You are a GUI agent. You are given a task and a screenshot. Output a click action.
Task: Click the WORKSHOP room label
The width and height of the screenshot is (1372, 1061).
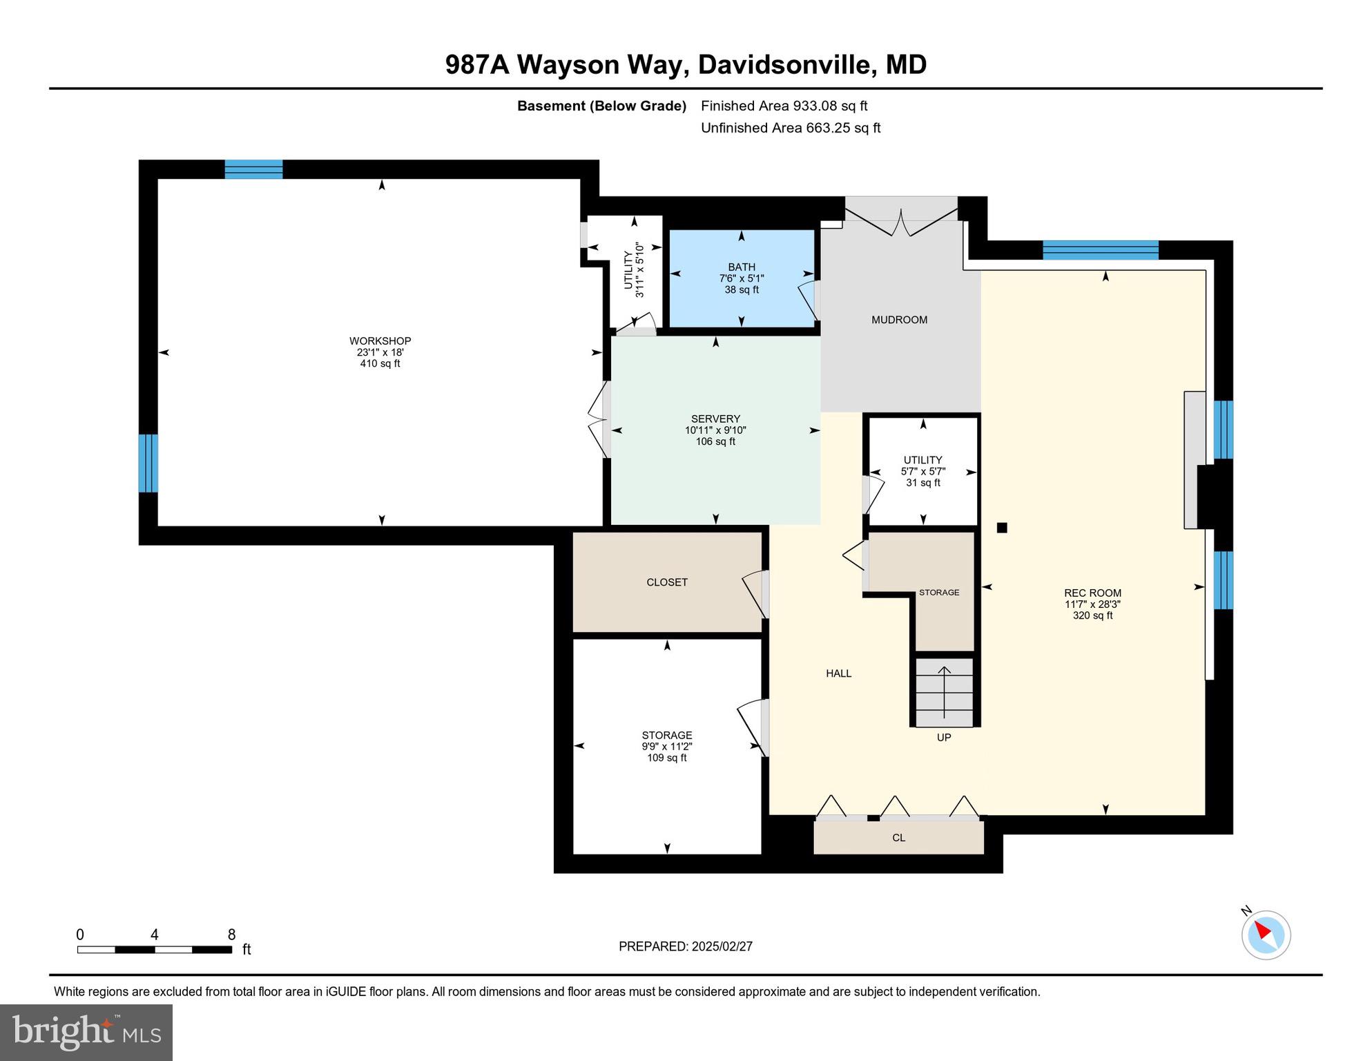(380, 341)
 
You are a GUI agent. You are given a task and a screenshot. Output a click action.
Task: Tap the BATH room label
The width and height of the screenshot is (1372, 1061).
(741, 267)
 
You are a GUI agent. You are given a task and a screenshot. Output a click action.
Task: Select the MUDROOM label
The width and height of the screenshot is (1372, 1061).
(899, 320)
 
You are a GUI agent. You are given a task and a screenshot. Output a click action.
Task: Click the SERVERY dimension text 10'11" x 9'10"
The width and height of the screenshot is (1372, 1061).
(715, 430)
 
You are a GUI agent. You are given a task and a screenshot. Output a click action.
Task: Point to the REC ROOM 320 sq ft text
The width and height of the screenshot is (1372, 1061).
(1092, 615)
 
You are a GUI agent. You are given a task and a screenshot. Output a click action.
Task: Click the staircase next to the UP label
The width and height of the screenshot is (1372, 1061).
(944, 691)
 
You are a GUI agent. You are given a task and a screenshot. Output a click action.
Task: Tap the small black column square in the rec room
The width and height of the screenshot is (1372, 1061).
(1002, 528)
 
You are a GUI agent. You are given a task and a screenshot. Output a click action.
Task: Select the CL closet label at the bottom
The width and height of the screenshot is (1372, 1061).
(898, 838)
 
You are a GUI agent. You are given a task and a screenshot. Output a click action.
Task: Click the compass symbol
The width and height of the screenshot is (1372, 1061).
(1266, 935)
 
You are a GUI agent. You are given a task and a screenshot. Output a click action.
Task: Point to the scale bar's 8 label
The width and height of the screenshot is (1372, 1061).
(231, 935)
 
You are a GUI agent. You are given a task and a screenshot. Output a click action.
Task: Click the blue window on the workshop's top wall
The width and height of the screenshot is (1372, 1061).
(253, 169)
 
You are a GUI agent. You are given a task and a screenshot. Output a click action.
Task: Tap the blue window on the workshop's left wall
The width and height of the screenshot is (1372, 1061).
(148, 463)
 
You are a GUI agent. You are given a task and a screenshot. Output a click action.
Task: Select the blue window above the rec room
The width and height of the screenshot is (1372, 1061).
(1100, 250)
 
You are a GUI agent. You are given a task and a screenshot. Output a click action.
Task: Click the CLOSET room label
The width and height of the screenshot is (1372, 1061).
(666, 582)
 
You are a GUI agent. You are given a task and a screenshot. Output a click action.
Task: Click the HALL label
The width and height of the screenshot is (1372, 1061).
(838, 673)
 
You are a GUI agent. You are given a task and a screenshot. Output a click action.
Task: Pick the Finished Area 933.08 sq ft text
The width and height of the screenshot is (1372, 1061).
(784, 106)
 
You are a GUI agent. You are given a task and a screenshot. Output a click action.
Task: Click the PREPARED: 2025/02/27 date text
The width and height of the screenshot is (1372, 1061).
(685, 946)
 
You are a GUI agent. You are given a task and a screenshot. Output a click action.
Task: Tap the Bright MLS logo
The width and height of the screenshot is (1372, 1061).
(86, 1032)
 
